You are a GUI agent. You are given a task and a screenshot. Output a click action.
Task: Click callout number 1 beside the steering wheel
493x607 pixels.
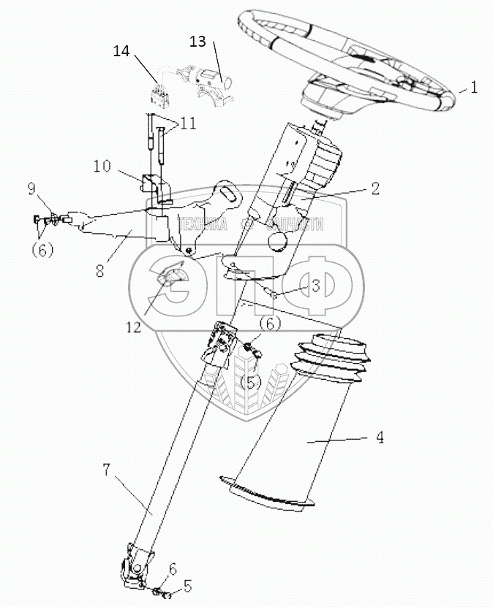point(474,88)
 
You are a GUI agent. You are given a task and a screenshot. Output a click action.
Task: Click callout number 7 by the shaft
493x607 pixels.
point(108,470)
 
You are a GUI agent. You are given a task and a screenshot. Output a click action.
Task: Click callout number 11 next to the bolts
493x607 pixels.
point(189,124)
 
